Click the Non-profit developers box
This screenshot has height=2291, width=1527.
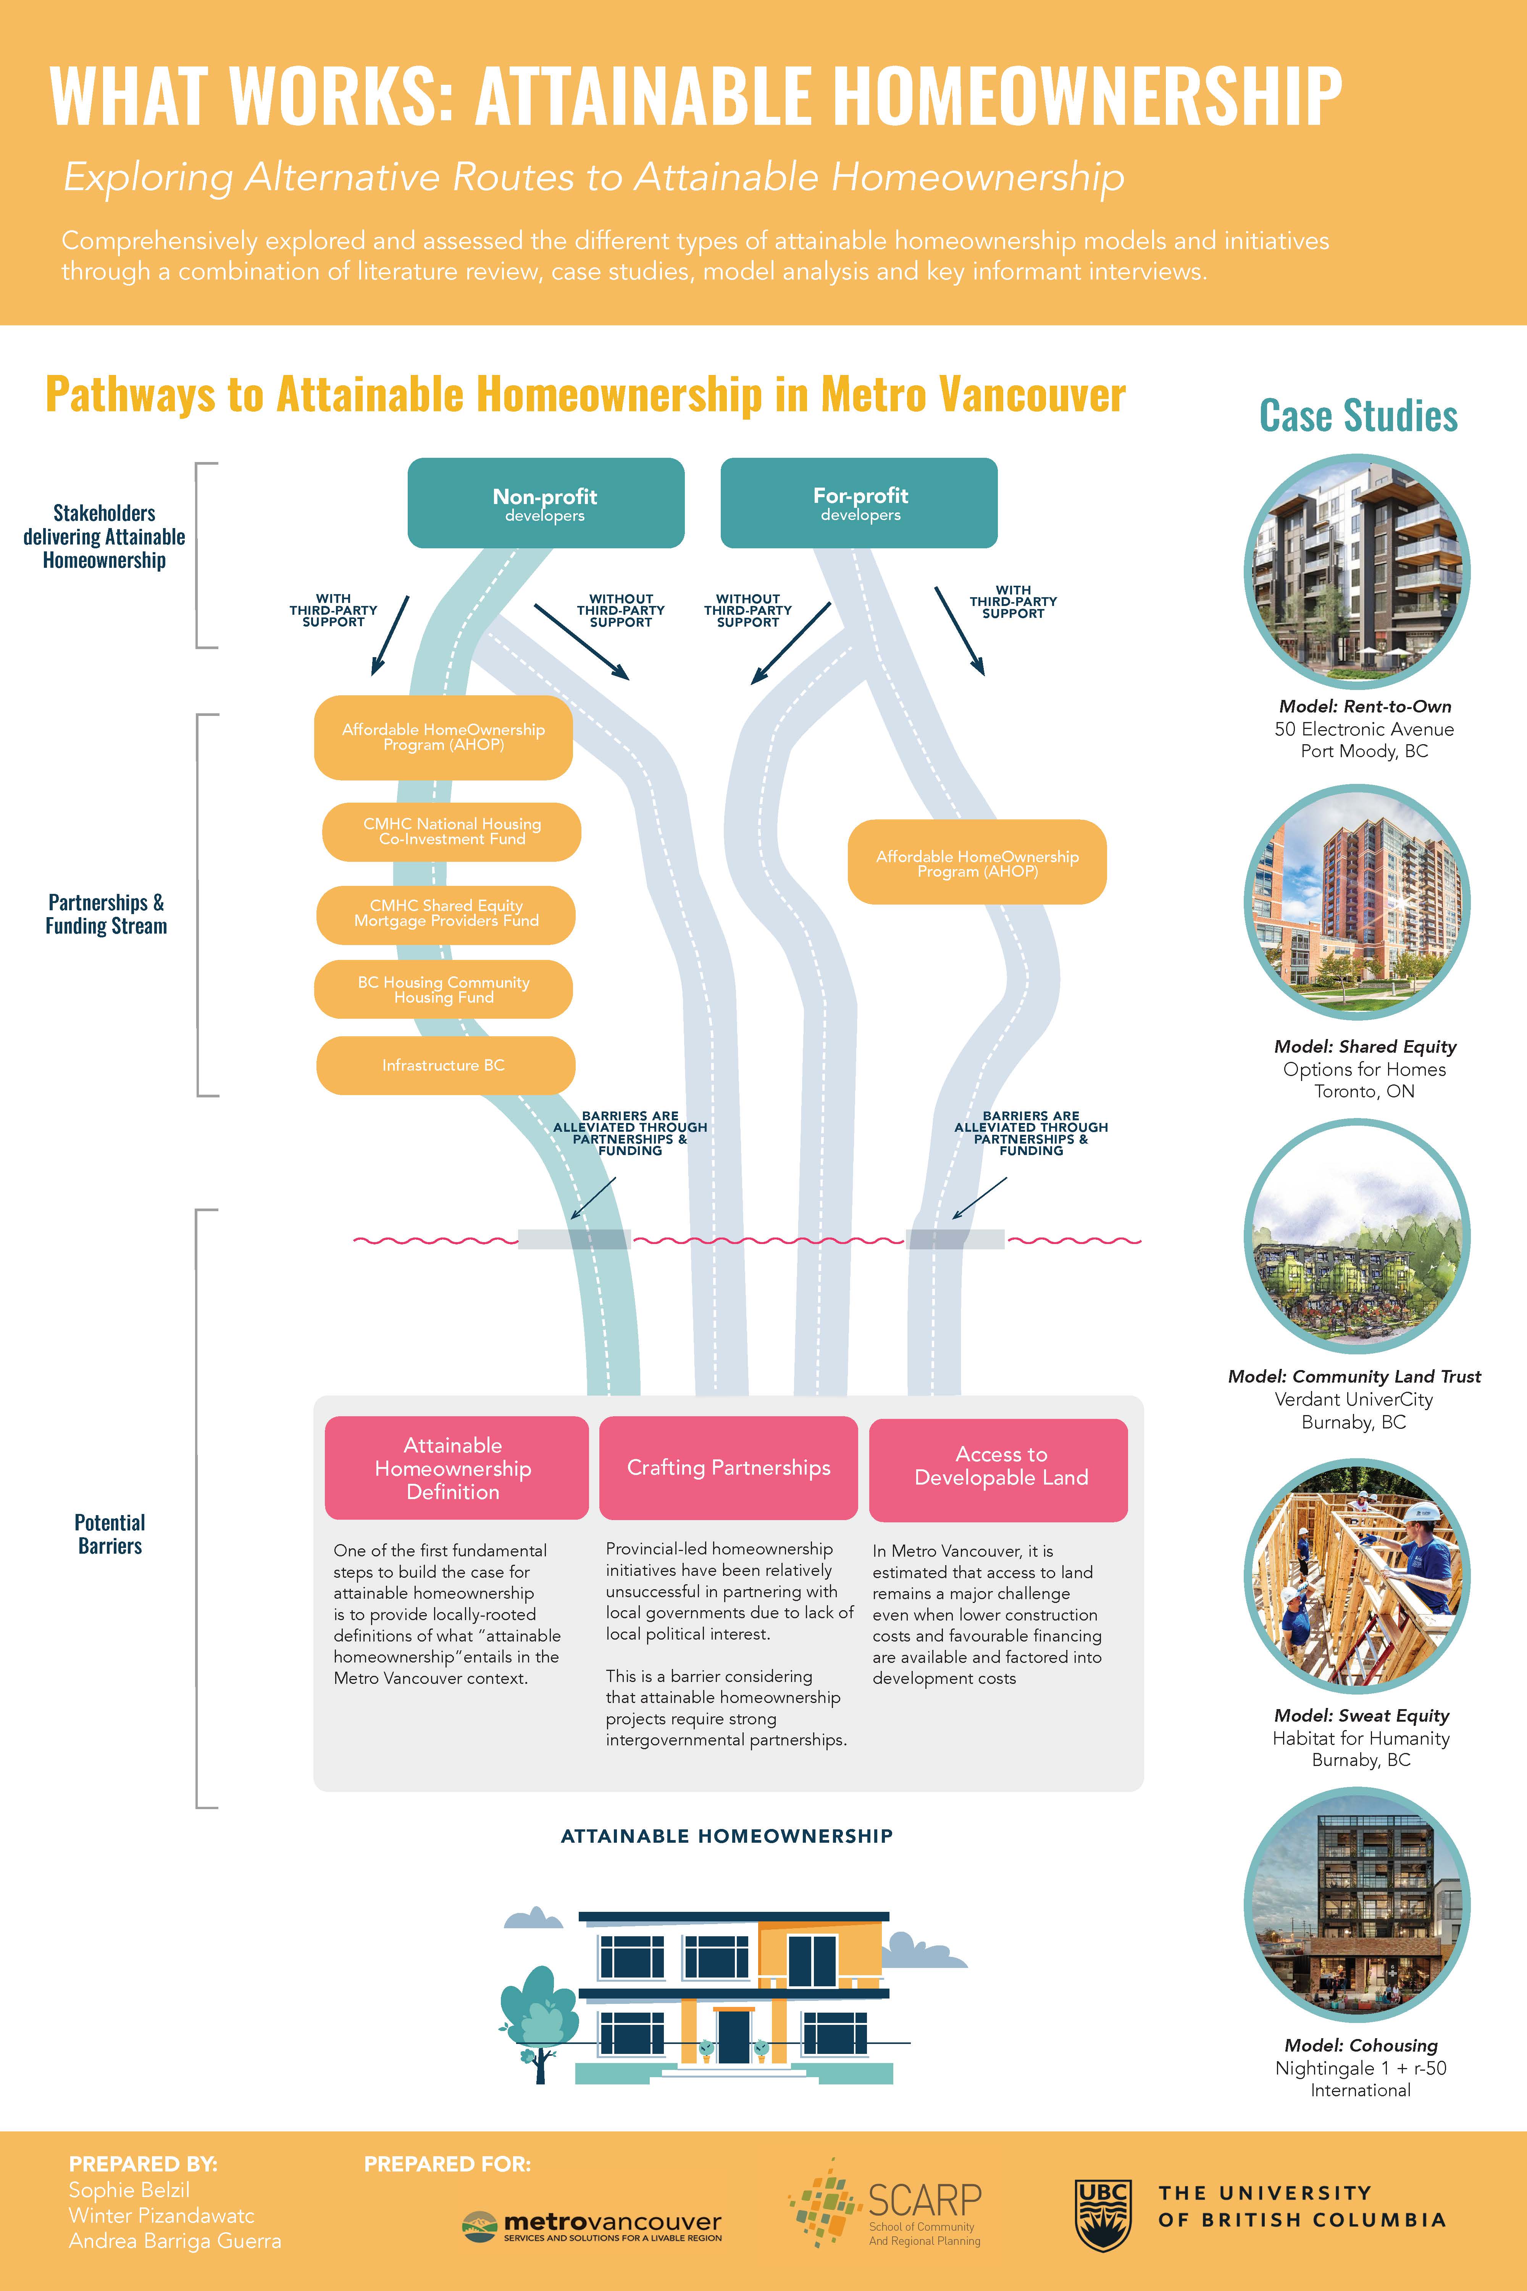(546, 502)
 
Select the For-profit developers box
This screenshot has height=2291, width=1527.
(859, 502)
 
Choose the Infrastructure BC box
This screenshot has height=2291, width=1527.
(445, 1066)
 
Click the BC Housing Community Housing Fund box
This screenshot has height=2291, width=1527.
(443, 990)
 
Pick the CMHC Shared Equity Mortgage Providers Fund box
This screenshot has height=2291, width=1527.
(446, 914)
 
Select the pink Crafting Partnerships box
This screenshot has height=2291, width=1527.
(728, 1468)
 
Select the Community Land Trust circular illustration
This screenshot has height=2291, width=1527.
(1358, 1237)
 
